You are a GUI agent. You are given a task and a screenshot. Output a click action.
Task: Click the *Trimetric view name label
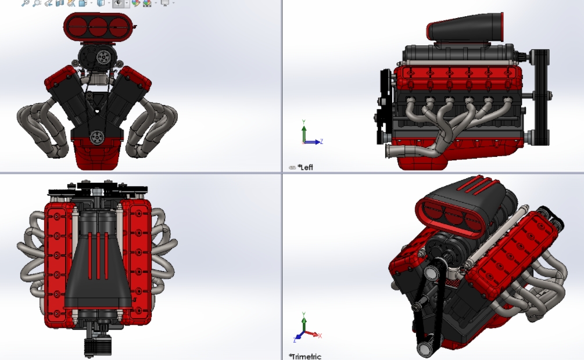305,356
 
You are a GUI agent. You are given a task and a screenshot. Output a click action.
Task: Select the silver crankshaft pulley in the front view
97,137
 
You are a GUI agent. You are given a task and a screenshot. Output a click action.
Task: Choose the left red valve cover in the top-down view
58,261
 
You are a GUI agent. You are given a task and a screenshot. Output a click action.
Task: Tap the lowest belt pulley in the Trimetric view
424,348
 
